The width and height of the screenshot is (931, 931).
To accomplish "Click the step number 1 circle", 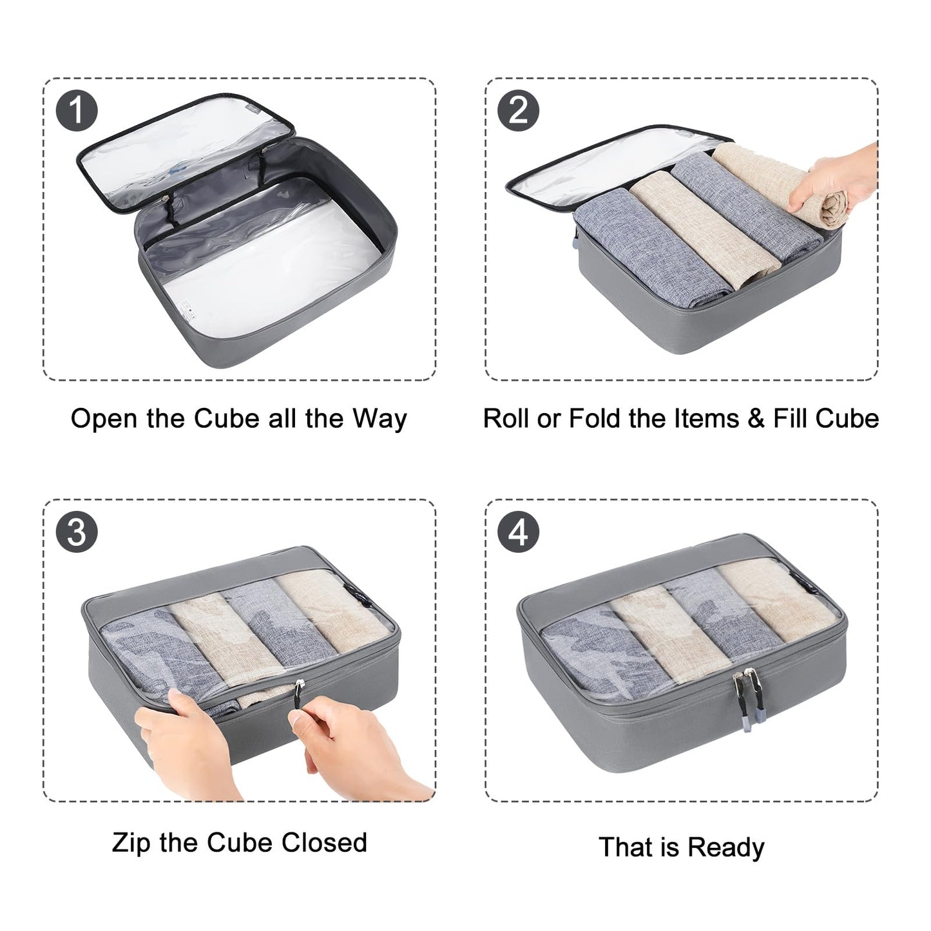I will pyautogui.click(x=77, y=110).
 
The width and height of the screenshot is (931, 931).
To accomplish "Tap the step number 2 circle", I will pyautogui.click(x=519, y=110).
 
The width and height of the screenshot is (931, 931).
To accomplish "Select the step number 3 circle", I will pyautogui.click(x=77, y=532).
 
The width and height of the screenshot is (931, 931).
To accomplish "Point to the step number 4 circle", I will pyautogui.click(x=519, y=532).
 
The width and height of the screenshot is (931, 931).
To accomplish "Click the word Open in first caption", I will pyautogui.click(x=104, y=419).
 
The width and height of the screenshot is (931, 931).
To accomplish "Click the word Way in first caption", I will pyautogui.click(x=379, y=419).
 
